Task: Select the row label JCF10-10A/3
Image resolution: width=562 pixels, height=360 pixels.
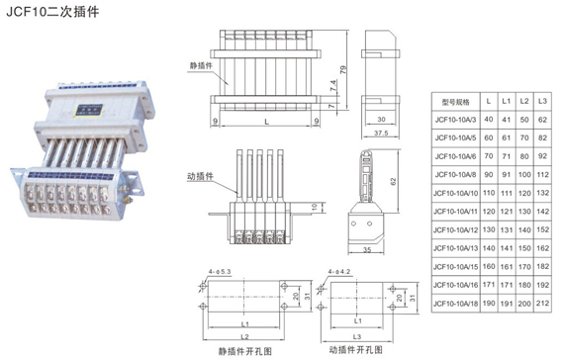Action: tap(455, 120)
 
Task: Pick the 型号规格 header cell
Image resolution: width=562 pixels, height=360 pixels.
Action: tap(455, 101)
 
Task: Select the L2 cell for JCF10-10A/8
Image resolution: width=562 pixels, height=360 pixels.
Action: tap(525, 175)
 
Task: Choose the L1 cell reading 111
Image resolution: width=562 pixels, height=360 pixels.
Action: tap(508, 194)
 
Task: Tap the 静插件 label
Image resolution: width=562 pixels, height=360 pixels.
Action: tap(201, 66)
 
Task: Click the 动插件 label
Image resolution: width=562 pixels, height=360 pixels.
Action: tap(201, 175)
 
